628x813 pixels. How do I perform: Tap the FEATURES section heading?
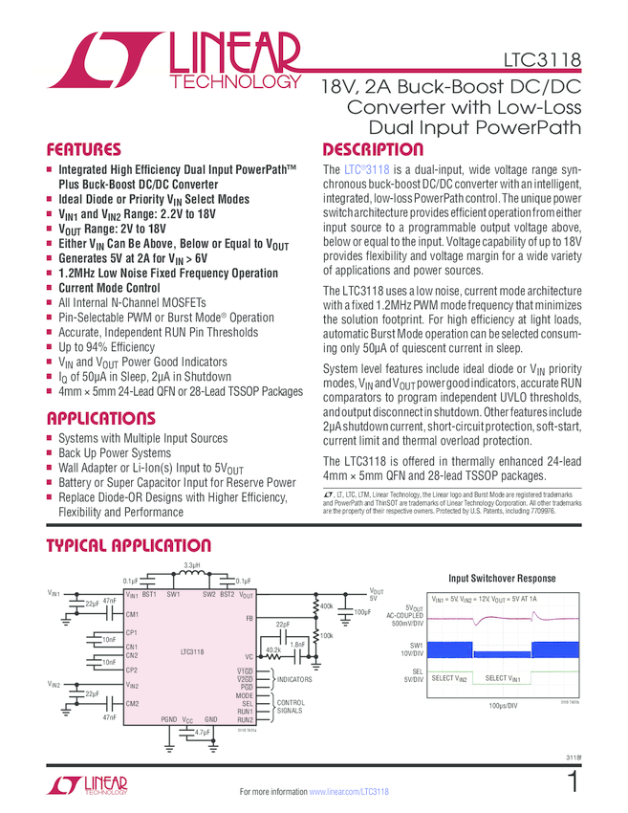(84, 150)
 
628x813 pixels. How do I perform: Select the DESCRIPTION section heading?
(373, 150)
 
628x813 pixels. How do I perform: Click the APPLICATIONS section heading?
(100, 418)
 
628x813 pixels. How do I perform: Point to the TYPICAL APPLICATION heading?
(129, 545)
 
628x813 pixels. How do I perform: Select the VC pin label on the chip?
(249, 657)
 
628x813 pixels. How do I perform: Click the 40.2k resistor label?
(273, 649)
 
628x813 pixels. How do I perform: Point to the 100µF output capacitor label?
(361, 611)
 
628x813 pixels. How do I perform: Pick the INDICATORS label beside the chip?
(295, 679)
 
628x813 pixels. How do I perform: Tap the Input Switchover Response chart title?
(502, 579)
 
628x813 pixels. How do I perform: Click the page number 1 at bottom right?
(573, 782)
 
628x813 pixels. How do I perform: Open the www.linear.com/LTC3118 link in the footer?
(349, 793)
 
